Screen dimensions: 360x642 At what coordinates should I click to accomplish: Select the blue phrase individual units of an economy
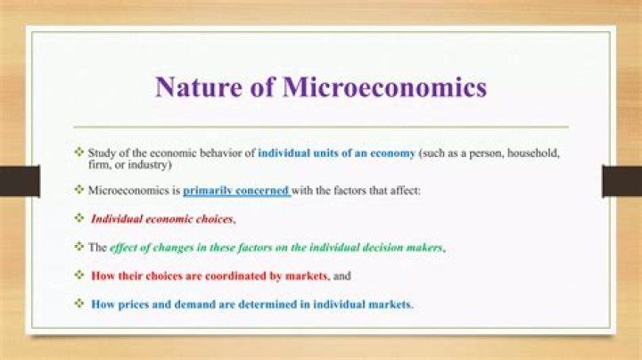(337, 153)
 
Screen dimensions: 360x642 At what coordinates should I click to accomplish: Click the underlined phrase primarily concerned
(237, 190)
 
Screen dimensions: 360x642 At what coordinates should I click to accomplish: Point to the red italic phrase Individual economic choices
(162, 218)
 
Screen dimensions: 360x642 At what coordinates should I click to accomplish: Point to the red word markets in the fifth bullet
(305, 275)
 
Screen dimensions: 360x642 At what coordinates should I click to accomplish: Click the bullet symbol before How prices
(79, 304)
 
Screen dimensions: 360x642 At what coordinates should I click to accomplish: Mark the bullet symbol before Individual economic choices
(79, 218)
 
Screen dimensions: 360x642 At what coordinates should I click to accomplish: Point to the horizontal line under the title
(320, 127)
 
